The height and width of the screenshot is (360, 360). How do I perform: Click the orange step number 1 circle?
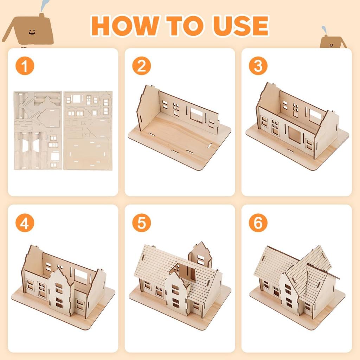pos(25,66)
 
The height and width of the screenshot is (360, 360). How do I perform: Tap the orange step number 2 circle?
pos(141,66)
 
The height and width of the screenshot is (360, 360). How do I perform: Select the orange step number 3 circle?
pos(258,66)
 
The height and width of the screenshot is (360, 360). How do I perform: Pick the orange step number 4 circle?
pos(25,223)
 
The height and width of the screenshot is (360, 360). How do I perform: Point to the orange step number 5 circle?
pos(141,223)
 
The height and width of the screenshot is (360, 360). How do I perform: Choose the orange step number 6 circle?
pos(258,223)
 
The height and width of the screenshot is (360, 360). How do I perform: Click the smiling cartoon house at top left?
pos(30,30)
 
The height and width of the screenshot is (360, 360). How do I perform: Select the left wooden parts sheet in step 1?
pos(38,130)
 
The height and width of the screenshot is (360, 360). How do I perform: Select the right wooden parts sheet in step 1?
pos(88,130)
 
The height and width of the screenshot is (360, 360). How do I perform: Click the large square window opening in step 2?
pos(197,115)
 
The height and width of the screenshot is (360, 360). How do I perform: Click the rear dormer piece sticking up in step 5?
pos(200,255)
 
